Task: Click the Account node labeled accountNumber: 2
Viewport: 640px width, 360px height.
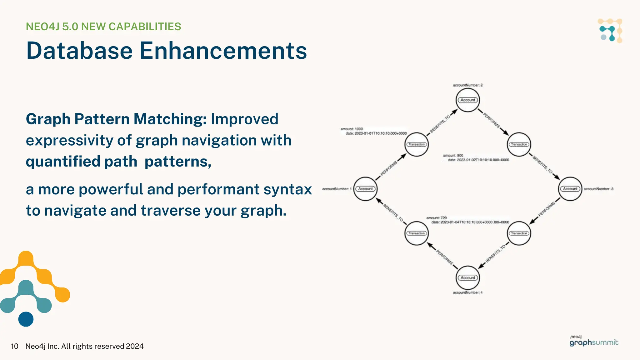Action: [467, 100]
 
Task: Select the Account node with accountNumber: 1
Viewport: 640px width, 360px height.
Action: [365, 189]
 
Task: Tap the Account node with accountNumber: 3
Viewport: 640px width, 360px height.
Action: [570, 189]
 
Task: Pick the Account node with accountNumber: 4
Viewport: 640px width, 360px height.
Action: [467, 277]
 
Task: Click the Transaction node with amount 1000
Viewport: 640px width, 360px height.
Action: [417, 144]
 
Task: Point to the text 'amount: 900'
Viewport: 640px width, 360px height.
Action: [453, 155]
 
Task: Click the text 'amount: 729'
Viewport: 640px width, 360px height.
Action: [437, 218]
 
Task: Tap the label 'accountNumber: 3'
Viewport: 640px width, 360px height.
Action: [598, 189]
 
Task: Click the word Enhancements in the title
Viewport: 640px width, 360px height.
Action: [223, 51]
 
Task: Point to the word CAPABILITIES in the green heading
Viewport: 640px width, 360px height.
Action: [145, 27]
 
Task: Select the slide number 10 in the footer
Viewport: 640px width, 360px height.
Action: [14, 346]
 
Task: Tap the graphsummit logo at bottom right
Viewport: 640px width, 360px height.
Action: [593, 341]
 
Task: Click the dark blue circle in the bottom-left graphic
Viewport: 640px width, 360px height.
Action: [26, 319]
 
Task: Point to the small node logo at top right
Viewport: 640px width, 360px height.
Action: [610, 31]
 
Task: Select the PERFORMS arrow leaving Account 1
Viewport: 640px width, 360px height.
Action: [390, 167]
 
